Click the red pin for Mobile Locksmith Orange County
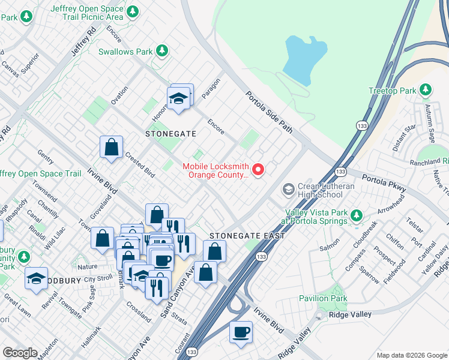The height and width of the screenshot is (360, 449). [x=259, y=170]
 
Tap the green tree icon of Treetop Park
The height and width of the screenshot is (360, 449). [x=426, y=91]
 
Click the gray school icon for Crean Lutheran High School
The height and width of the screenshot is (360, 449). [x=288, y=190]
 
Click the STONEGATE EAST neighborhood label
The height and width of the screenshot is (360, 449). [x=247, y=236]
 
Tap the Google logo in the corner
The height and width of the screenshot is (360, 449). [x=20, y=353]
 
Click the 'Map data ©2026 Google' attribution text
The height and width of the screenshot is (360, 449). [x=411, y=355]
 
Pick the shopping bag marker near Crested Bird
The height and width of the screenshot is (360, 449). [x=112, y=148]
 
